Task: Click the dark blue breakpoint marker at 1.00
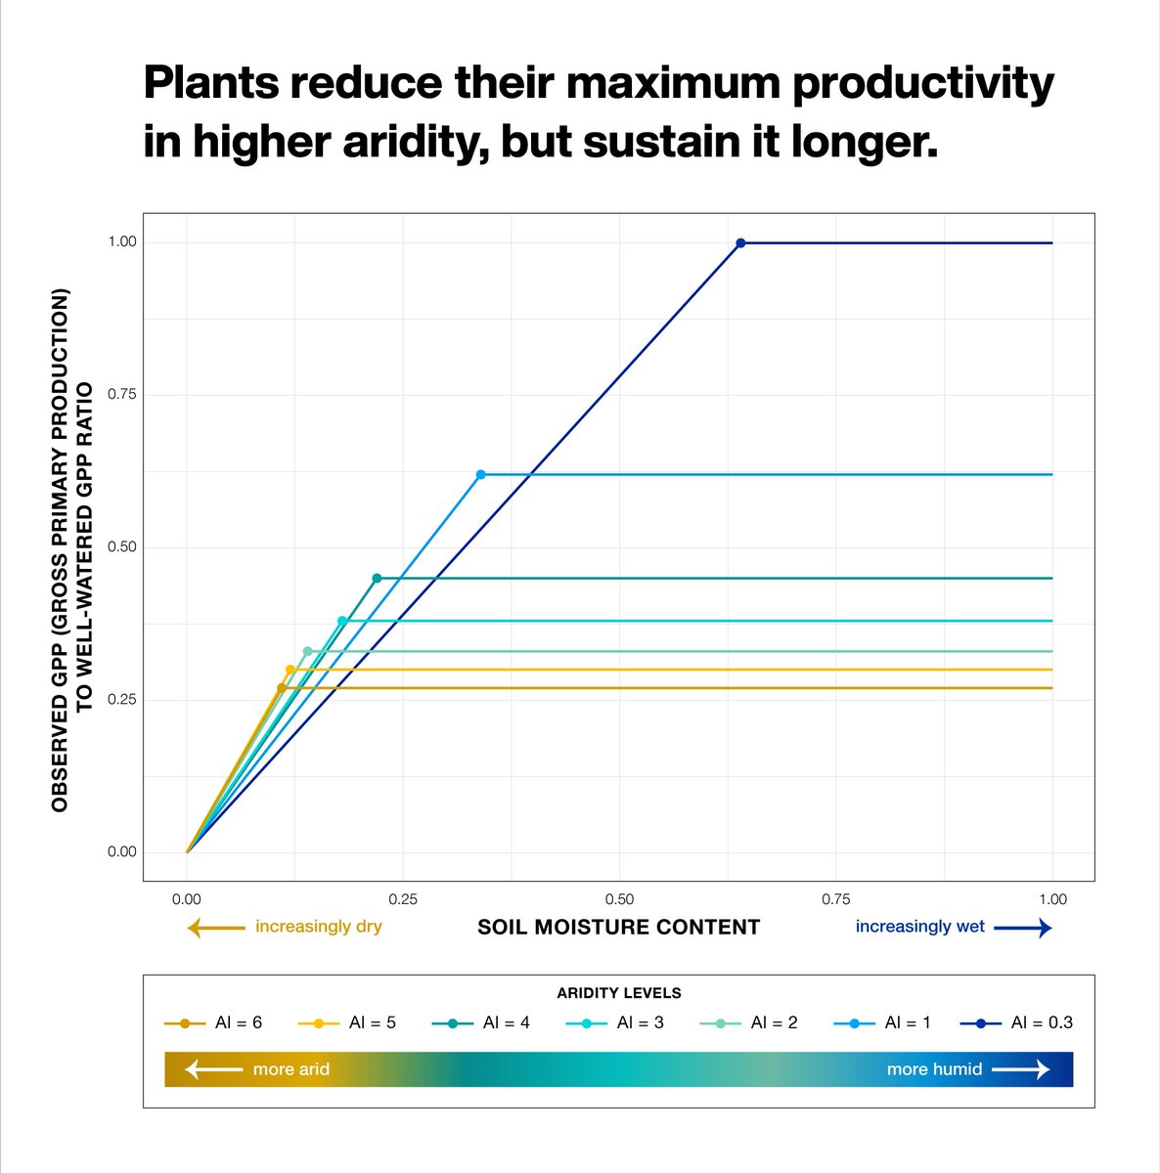[740, 242]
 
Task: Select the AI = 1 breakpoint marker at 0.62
[480, 474]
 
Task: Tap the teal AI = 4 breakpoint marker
[377, 578]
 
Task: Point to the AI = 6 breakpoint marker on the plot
[282, 688]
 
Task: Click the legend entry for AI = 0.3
[1016, 1022]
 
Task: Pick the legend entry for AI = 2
[749, 1022]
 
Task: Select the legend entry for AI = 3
[615, 1022]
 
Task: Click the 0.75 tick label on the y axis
[121, 394]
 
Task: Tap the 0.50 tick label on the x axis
[619, 899]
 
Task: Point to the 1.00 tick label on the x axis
[1052, 899]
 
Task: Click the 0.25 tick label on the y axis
[121, 699]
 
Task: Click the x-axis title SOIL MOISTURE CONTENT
[618, 927]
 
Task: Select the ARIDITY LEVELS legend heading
[618, 992]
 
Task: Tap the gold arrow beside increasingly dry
[215, 928]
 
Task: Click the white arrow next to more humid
[1021, 1069]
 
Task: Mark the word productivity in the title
[922, 84]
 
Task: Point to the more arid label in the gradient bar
[290, 1069]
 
